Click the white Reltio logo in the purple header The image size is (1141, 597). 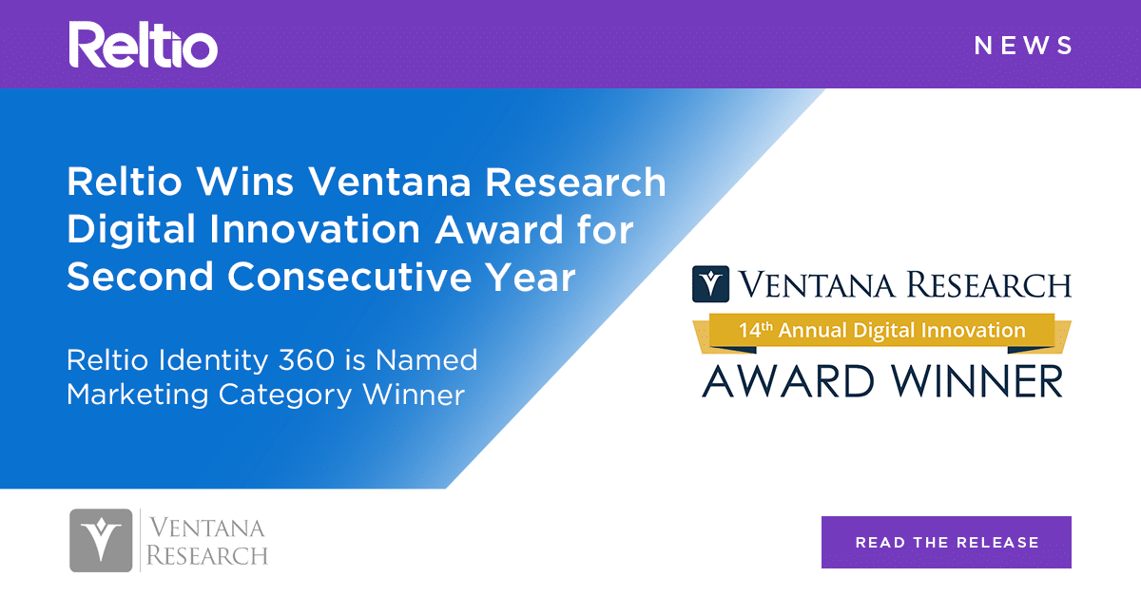[143, 45]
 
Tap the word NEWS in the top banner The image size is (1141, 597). [1024, 46]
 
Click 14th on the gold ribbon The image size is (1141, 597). [760, 331]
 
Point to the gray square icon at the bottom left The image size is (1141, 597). [101, 540]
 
